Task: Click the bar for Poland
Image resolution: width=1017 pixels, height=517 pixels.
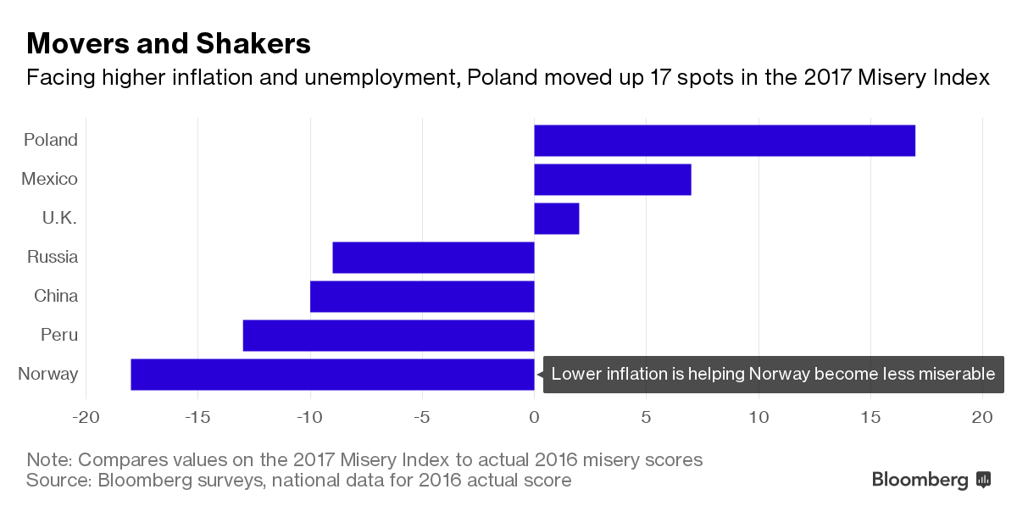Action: coord(725,141)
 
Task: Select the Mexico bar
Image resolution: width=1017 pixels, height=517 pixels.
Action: coord(612,180)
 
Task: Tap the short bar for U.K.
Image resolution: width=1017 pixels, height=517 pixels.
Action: coord(556,219)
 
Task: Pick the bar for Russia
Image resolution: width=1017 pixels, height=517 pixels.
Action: coord(433,258)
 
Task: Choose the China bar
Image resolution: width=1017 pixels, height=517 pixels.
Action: coord(422,297)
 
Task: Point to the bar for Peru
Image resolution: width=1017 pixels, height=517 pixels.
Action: coord(388,336)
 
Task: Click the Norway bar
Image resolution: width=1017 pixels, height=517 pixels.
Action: coord(332,375)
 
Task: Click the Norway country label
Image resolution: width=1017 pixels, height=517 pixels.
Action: coord(47,374)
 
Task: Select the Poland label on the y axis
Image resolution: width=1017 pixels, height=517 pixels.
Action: coord(51,140)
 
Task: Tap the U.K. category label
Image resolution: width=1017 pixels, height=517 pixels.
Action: coord(59,218)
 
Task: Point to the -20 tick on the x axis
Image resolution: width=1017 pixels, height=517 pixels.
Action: coord(85,417)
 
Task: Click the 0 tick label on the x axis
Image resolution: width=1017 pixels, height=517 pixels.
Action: coord(534,417)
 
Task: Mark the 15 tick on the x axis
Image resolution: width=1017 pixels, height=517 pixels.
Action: coord(870,417)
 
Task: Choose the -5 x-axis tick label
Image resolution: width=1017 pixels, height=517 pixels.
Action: coord(421,417)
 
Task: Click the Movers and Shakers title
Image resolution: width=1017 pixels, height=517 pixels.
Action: coord(169,42)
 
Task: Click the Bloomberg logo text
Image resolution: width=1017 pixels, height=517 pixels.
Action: coord(920,480)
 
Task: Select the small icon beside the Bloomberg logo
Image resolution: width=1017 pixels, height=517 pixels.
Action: coord(983,480)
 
